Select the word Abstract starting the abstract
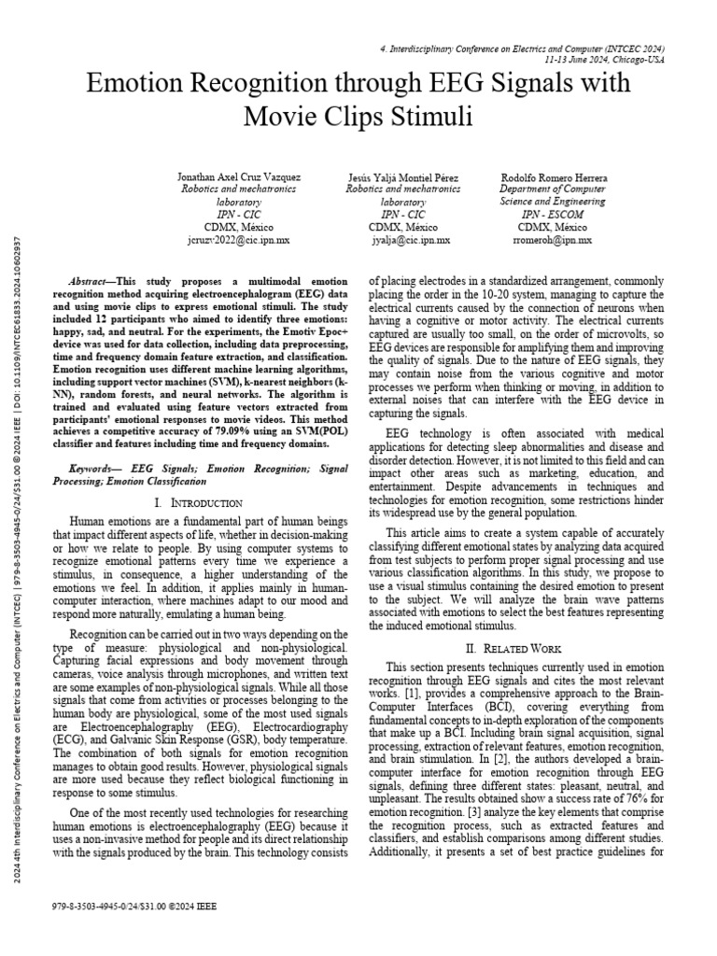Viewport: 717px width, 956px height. tap(91, 281)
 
